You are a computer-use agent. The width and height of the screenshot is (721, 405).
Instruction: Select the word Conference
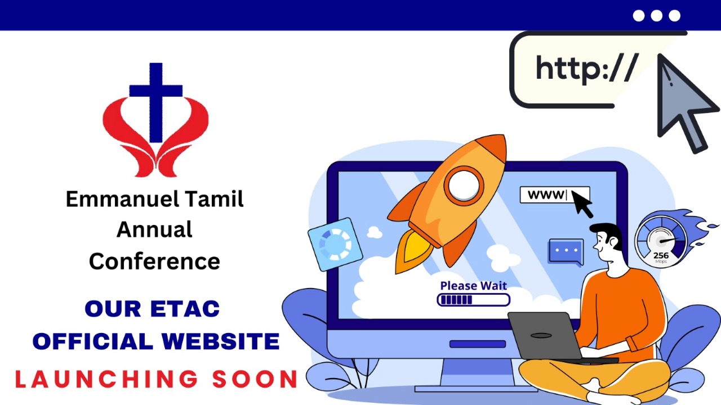154,262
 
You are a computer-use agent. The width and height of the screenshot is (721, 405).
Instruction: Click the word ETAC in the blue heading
185,309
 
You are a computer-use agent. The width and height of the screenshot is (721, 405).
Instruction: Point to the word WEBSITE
220,341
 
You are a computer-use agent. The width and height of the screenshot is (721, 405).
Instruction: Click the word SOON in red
255,379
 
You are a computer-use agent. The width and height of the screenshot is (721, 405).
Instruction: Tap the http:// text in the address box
587,69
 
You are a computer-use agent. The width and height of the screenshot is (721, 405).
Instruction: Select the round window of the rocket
464,186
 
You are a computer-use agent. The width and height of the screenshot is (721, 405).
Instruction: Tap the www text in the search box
546,195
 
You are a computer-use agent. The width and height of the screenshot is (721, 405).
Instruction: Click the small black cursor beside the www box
582,204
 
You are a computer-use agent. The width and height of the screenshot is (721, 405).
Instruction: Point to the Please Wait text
473,286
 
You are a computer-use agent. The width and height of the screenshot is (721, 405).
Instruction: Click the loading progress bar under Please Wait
473,300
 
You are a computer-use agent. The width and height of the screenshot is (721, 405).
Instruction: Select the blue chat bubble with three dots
566,252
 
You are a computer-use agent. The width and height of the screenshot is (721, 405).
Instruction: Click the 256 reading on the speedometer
661,255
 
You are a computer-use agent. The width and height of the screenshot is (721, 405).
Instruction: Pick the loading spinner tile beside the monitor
335,244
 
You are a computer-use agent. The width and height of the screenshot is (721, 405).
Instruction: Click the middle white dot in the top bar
656,15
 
